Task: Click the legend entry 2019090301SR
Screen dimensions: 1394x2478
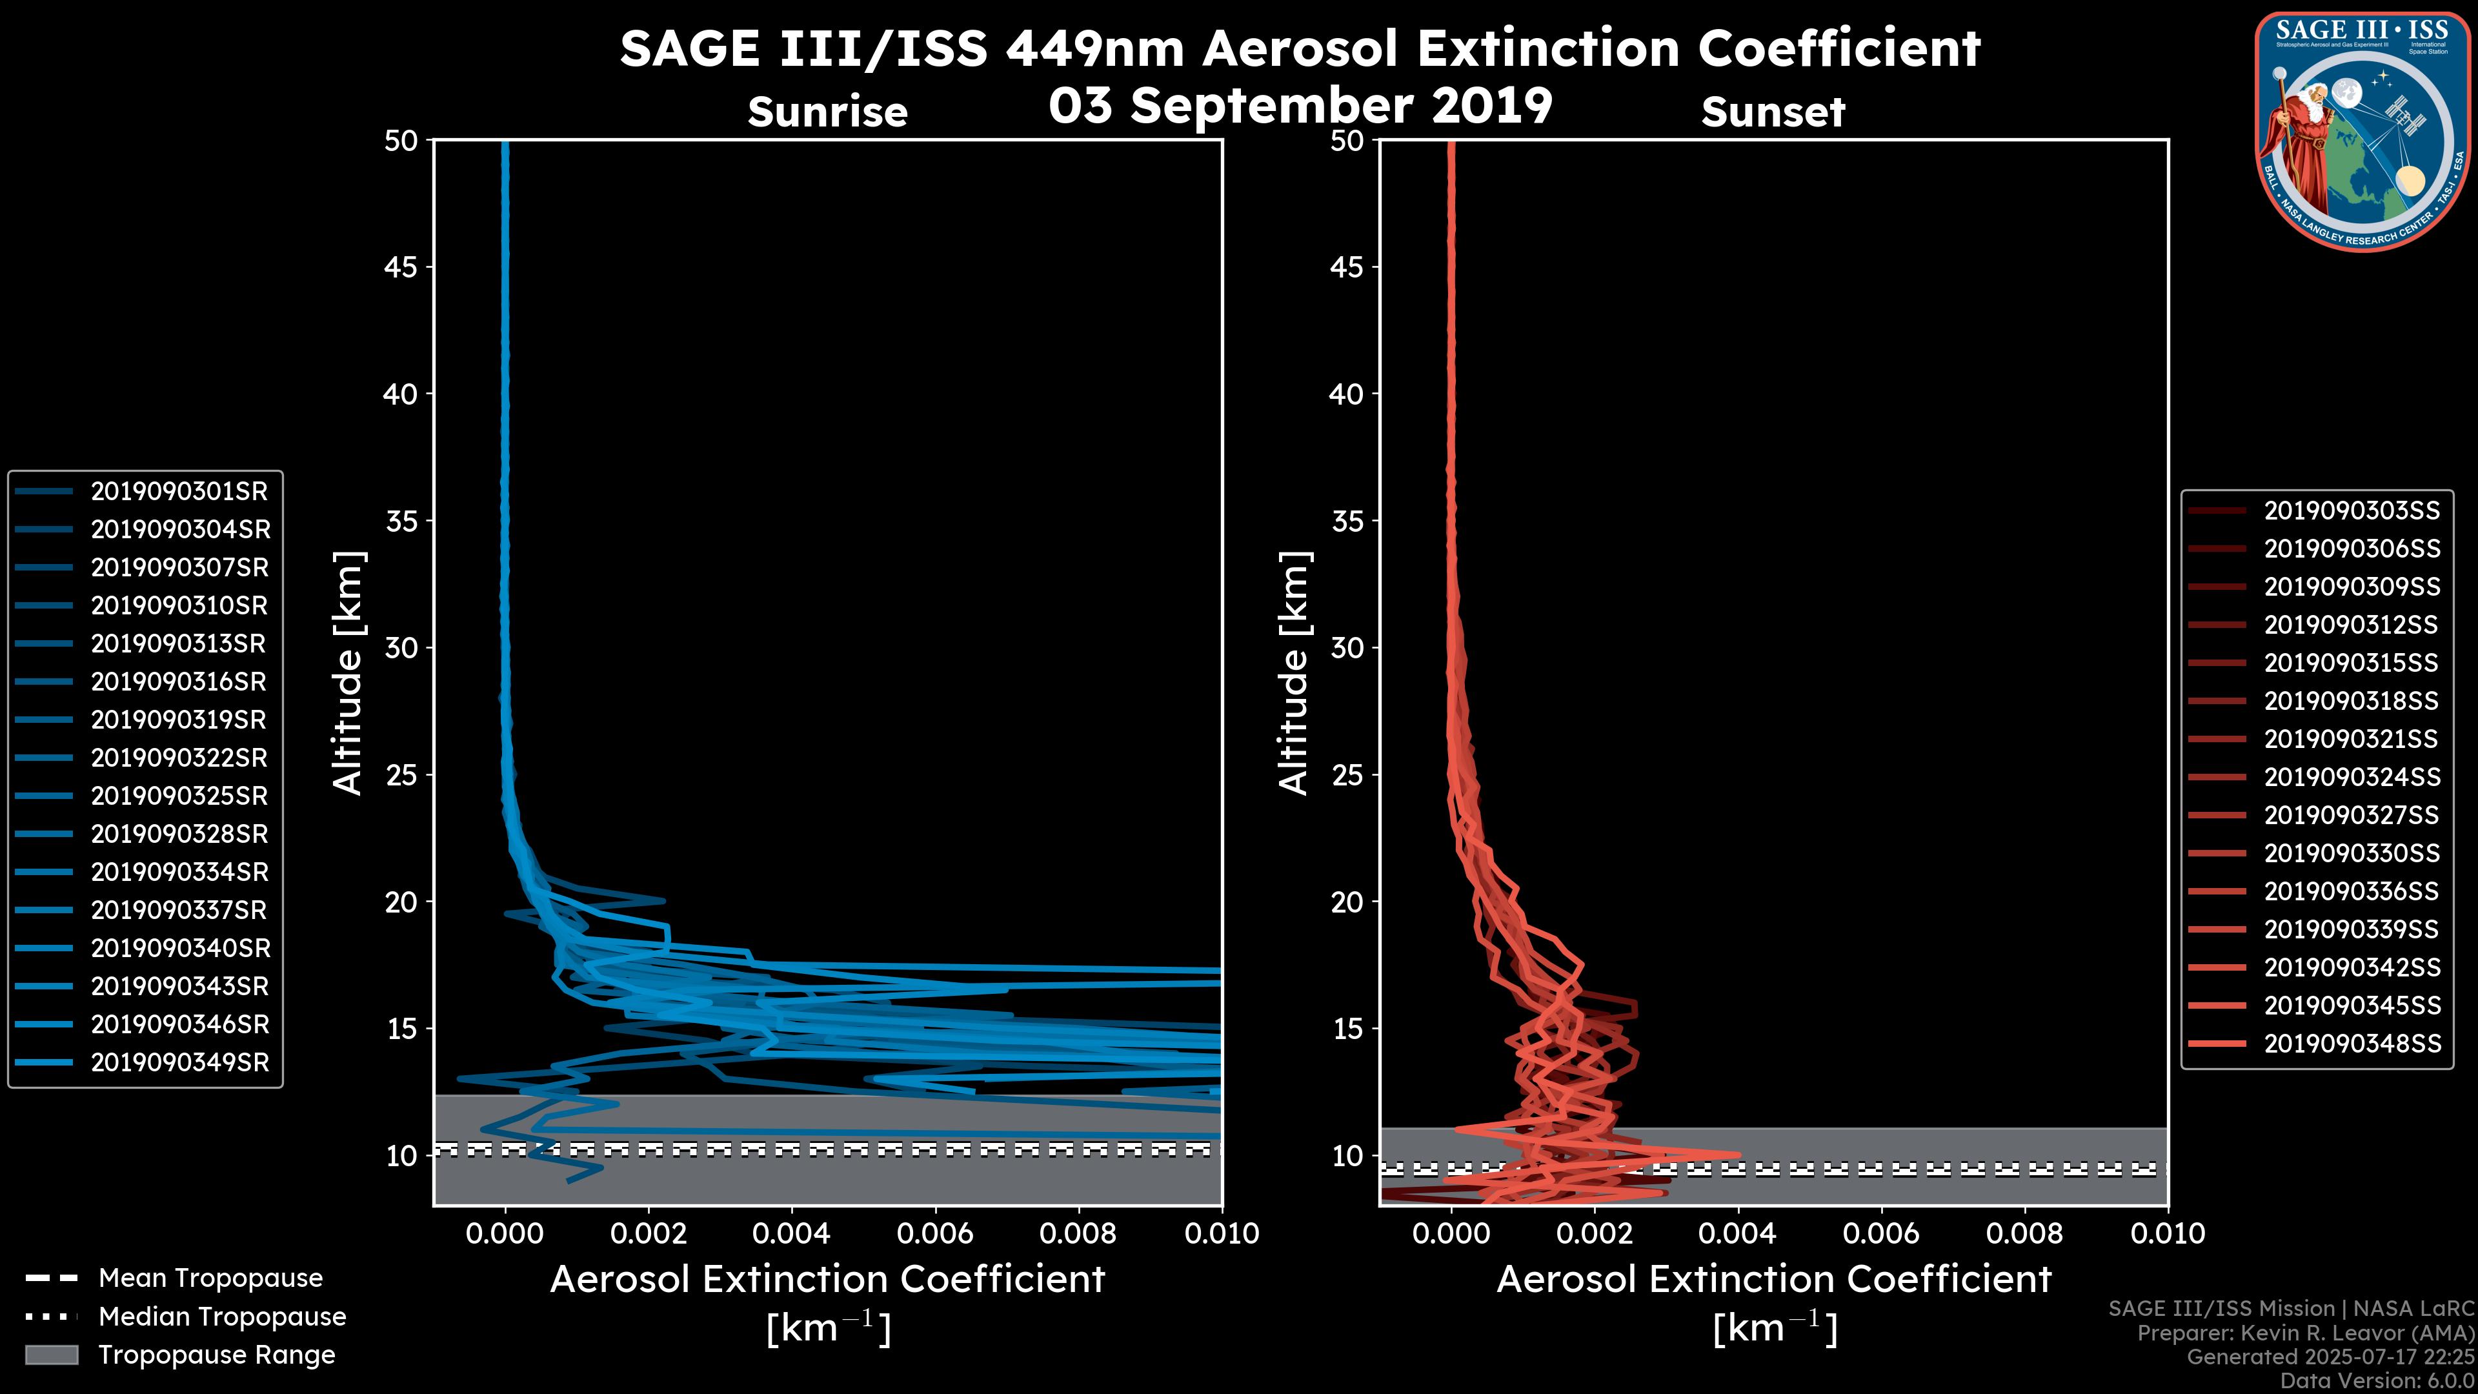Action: [179, 492]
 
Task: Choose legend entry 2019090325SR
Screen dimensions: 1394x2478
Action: [179, 796]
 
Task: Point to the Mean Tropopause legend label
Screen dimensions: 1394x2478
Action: [210, 1278]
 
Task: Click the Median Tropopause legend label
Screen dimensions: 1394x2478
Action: [222, 1317]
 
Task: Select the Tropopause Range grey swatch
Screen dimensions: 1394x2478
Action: [51, 1355]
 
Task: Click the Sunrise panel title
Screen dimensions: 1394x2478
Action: [827, 112]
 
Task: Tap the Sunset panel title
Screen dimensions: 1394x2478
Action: [1773, 112]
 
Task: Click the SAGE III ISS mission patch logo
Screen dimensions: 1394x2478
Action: [2362, 131]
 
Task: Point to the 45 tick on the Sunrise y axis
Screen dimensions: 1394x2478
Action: [401, 267]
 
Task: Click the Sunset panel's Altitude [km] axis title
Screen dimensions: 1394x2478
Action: [1294, 673]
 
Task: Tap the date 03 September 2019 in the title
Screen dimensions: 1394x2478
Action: [1300, 106]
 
